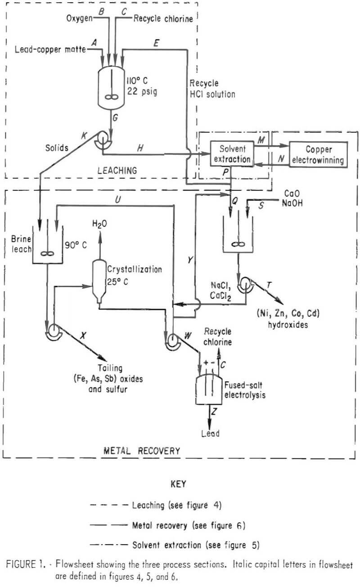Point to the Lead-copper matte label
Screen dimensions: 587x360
(x=50, y=49)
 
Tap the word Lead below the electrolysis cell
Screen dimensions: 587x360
(x=210, y=433)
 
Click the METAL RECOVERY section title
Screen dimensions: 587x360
(x=142, y=450)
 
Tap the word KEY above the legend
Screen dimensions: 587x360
(x=178, y=485)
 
